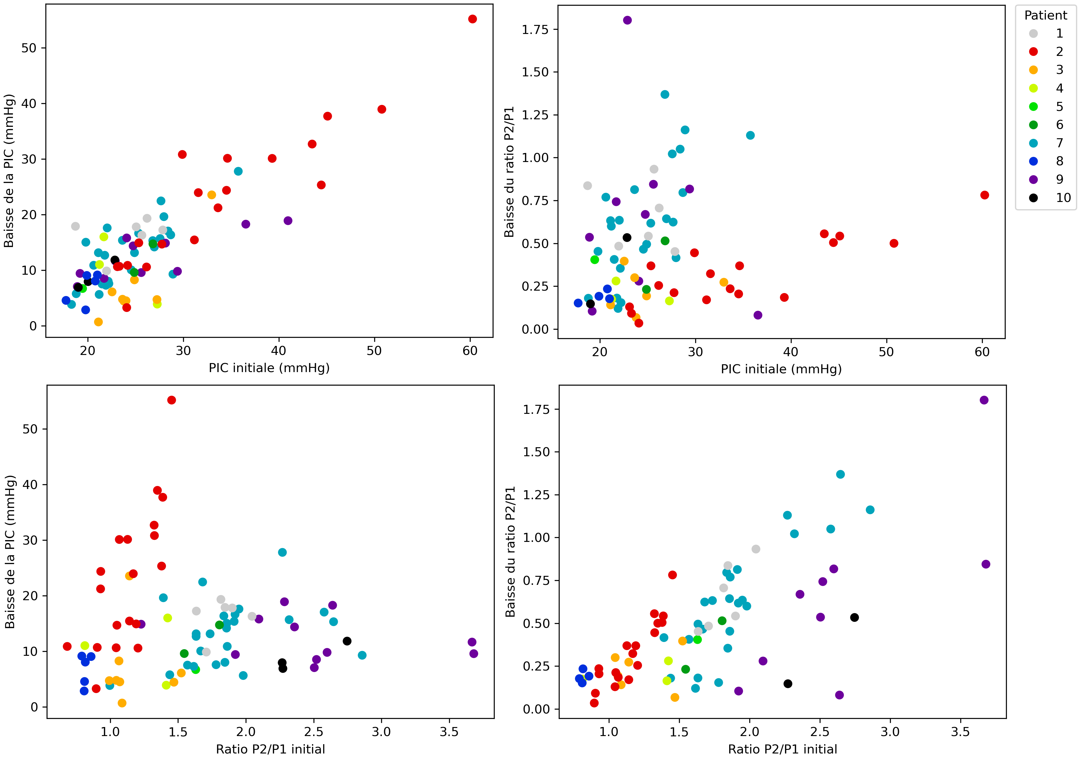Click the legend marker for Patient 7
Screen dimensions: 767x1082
[1033, 143]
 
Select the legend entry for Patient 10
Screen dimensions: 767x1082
[1033, 198]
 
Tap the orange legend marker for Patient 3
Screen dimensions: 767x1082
[1033, 70]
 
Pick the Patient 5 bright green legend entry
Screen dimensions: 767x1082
[1033, 107]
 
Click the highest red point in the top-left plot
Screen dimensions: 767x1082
[472, 19]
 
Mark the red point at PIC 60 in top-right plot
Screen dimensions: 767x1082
[984, 195]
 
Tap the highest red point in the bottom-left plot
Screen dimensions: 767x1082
[171, 400]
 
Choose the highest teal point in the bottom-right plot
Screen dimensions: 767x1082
[840, 474]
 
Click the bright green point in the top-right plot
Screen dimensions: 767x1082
[594, 260]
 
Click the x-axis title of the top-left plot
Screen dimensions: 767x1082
[269, 368]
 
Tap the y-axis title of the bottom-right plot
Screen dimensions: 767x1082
[510, 552]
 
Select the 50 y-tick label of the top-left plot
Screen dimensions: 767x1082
[29, 48]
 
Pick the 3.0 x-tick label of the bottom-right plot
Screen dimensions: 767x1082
[890, 732]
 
